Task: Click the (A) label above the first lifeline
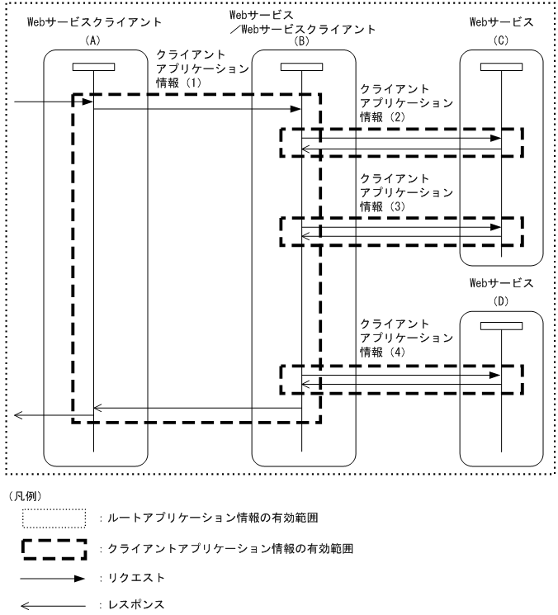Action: point(93,40)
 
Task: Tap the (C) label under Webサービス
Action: point(502,40)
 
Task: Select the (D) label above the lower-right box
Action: point(502,301)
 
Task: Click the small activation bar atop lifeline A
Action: point(93,67)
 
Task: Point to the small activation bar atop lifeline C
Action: point(502,67)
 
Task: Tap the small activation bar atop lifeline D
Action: point(502,326)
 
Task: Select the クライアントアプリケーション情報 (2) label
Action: point(405,103)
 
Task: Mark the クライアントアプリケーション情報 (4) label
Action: point(405,337)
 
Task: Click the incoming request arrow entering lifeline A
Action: point(45,102)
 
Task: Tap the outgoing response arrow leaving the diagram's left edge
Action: point(45,415)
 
